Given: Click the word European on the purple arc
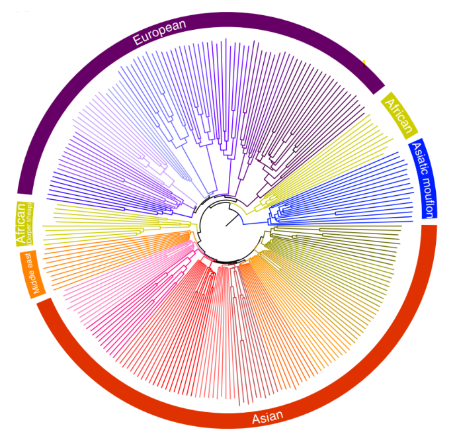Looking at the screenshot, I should point(159,31).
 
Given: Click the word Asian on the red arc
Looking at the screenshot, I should point(267,416).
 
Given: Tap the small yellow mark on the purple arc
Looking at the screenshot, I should point(364,64).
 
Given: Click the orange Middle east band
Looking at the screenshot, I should point(36,273).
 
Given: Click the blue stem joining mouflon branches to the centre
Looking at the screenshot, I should point(255,223).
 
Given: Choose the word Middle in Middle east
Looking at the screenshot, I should point(33,282).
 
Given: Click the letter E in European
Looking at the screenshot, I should point(137,40).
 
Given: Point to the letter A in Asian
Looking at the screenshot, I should point(255,419).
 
